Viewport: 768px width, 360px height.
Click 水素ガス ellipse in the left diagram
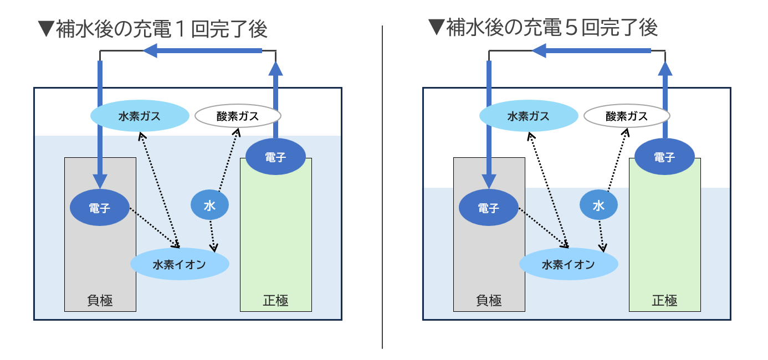coord(139,116)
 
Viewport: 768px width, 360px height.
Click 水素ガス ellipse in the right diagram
coord(528,116)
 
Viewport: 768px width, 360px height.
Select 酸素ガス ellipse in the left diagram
coord(238,116)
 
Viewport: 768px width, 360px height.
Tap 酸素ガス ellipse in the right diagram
coord(627,116)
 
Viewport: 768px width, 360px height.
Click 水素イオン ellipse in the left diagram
coord(180,264)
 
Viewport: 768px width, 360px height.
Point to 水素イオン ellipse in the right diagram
coord(569,264)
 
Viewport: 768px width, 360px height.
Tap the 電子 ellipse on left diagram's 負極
coord(100,208)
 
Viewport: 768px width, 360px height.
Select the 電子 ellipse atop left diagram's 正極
coord(275,157)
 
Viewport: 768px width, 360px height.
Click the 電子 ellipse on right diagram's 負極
coord(489,208)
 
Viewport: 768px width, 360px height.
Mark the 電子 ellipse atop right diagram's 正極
coord(664,157)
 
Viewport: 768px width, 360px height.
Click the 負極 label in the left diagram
coord(100,301)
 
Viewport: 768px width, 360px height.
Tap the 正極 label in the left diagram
coord(275,301)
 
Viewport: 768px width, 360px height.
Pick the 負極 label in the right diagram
coord(489,301)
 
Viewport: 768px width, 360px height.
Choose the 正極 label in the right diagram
coord(664,301)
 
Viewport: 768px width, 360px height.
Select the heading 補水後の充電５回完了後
coord(543,27)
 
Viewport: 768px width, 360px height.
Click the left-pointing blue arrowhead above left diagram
coord(150,51)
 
